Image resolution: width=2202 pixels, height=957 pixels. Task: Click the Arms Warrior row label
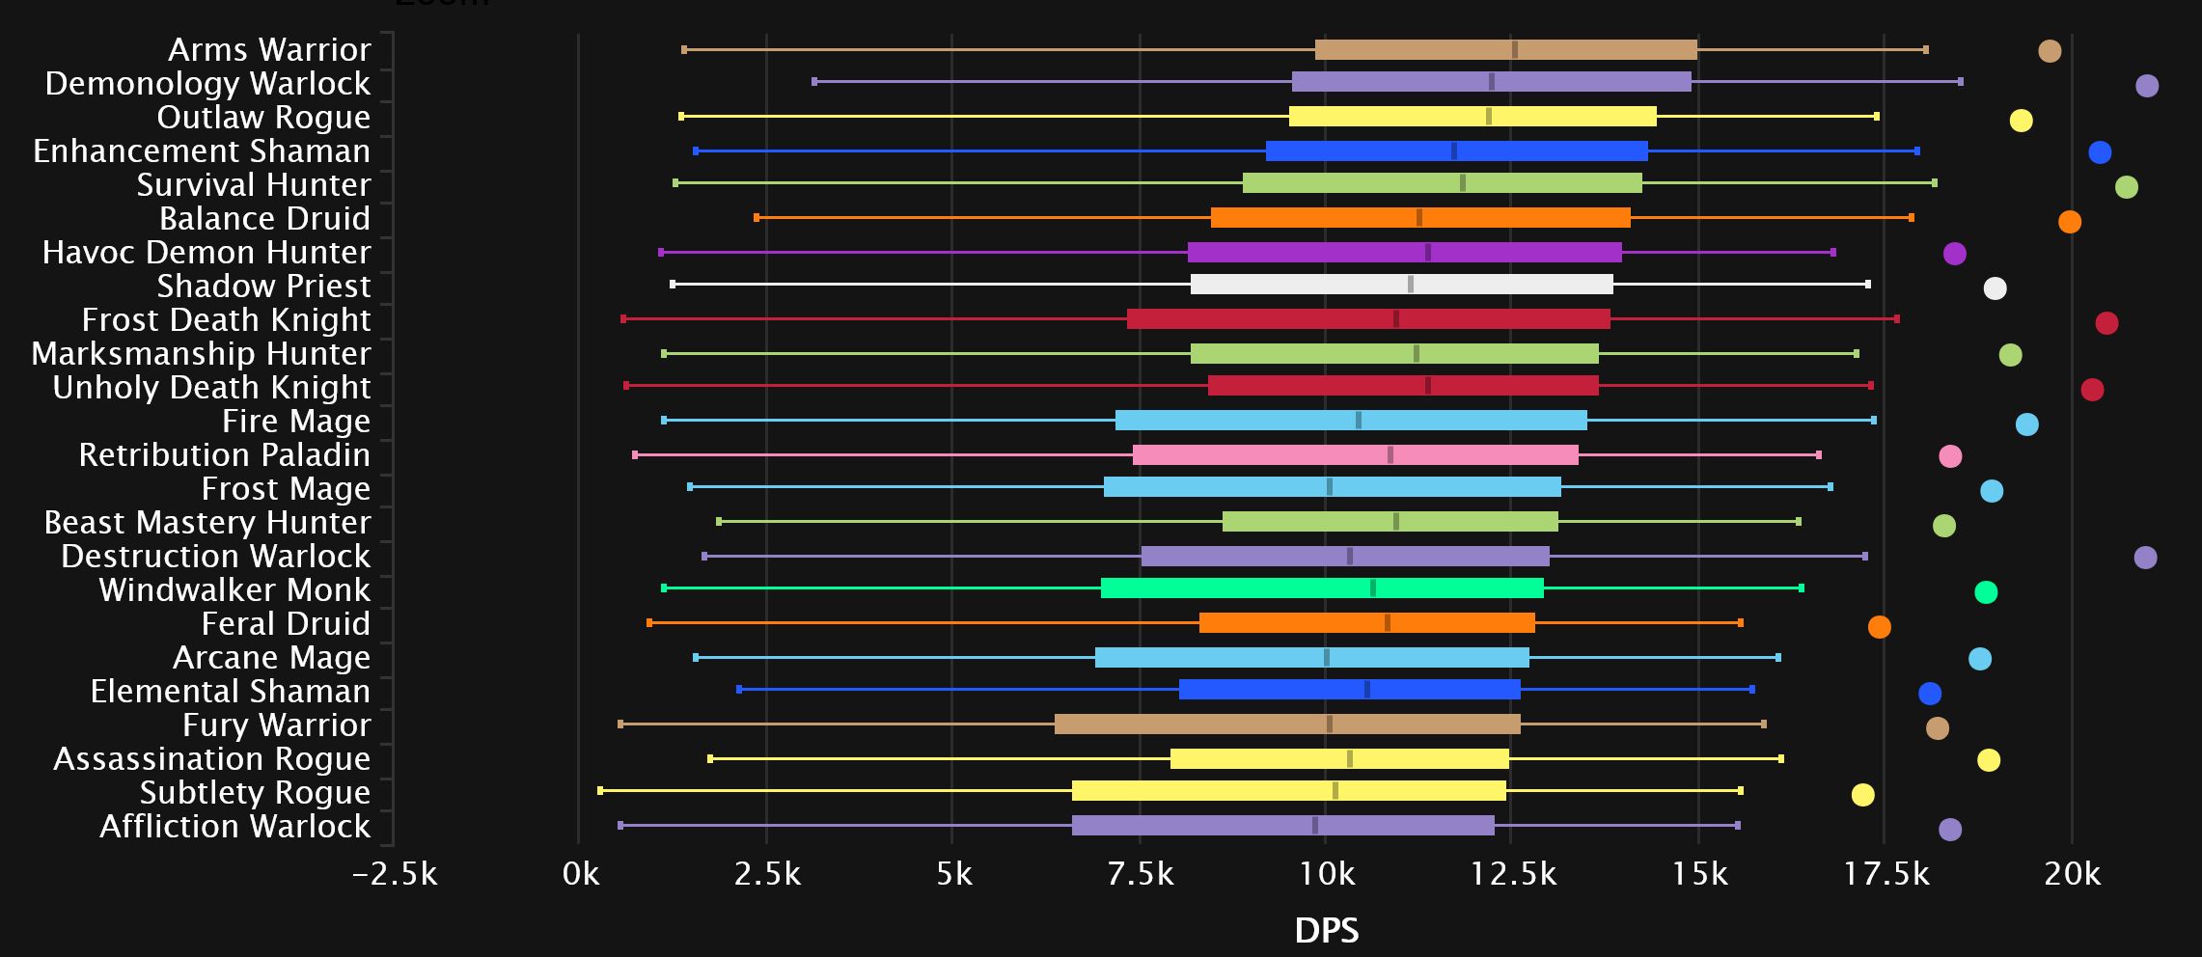pyautogui.click(x=268, y=49)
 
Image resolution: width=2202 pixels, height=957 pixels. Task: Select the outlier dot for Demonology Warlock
pyautogui.click(x=2147, y=86)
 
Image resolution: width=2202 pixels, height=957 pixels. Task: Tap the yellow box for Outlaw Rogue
pyautogui.click(x=1473, y=117)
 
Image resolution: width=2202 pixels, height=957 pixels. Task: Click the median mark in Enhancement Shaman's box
pyautogui.click(x=1454, y=151)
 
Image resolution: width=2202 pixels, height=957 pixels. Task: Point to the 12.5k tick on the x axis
pyautogui.click(x=1513, y=874)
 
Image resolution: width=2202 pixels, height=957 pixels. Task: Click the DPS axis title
pyautogui.click(x=1326, y=931)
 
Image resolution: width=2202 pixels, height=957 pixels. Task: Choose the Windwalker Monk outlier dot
pyautogui.click(x=1986, y=592)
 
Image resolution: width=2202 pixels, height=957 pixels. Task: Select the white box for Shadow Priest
pyautogui.click(x=1401, y=285)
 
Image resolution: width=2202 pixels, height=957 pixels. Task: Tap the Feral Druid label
pyautogui.click(x=285, y=624)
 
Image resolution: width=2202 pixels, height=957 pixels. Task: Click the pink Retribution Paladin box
pyautogui.click(x=1355, y=455)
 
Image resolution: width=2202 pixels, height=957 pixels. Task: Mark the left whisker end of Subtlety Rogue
pyautogui.click(x=600, y=791)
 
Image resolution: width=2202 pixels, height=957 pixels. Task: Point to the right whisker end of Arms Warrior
pyautogui.click(x=1926, y=50)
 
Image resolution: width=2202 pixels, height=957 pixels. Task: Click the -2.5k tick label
pyautogui.click(x=395, y=874)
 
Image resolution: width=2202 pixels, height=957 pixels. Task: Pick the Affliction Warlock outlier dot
pyautogui.click(x=1950, y=830)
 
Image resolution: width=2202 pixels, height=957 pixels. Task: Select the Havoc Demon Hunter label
pyautogui.click(x=206, y=253)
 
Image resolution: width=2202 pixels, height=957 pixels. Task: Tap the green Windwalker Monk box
pyautogui.click(x=1322, y=588)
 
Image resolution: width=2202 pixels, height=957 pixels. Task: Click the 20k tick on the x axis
pyautogui.click(x=2072, y=874)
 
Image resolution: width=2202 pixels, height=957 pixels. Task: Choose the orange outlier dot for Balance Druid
pyautogui.click(x=2070, y=222)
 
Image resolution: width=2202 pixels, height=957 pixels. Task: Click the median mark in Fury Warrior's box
pyautogui.click(x=1330, y=725)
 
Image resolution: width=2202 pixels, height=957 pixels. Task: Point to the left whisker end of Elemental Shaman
pyautogui.click(x=739, y=690)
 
